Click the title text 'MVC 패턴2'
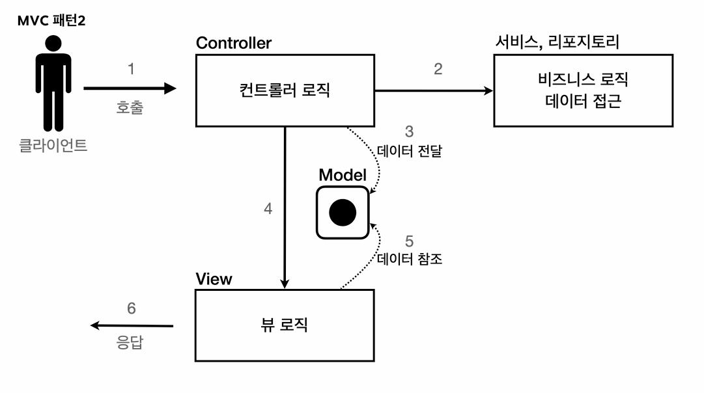click(51, 21)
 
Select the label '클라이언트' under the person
click(53, 145)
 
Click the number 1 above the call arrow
click(132, 68)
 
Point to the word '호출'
click(130, 108)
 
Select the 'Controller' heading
click(234, 43)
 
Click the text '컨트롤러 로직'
click(285, 90)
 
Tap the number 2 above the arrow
click(438, 68)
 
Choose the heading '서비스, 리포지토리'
click(556, 43)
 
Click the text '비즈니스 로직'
click(583, 80)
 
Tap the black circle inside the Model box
click(343, 212)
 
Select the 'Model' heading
click(343, 175)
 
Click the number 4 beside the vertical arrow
click(268, 209)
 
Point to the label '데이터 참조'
click(410, 259)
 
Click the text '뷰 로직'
click(285, 325)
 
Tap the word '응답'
click(130, 342)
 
